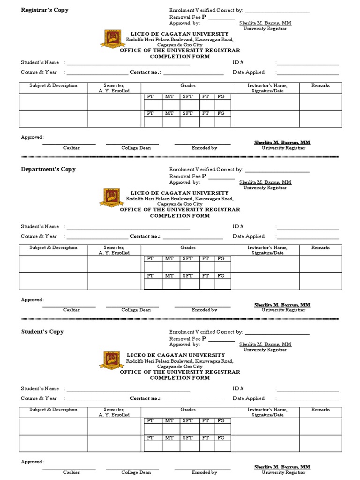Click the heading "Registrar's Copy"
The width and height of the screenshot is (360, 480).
point(45,10)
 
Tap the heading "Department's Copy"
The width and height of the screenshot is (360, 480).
point(48,169)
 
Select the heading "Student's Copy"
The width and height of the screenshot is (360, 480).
point(42,332)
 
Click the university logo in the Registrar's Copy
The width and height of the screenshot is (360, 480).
point(112,39)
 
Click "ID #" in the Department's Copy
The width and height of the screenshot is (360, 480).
point(238,226)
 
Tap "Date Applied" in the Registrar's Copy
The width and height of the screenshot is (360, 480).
point(248,72)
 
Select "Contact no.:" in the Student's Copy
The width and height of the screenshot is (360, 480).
point(145,398)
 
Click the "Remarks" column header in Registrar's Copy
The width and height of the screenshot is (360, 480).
point(321,85)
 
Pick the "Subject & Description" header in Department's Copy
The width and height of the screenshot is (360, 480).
point(53,247)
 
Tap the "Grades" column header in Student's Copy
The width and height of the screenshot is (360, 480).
point(188,410)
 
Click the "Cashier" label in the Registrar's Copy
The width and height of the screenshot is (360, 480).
point(72,148)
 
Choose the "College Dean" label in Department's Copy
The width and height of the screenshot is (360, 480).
point(136,310)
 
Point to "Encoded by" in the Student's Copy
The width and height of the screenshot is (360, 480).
point(204,472)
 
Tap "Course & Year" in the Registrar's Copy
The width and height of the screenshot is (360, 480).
point(39,72)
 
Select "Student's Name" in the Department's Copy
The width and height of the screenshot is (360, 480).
point(40,226)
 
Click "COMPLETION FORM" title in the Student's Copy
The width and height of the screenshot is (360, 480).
point(180,378)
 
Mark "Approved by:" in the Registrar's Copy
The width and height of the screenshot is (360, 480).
point(184,23)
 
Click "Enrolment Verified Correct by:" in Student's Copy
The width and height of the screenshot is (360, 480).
point(206,332)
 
